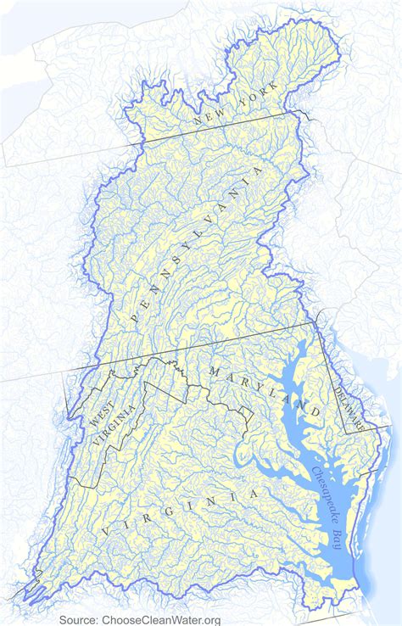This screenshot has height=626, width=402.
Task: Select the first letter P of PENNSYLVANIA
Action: pyautogui.click(x=135, y=316)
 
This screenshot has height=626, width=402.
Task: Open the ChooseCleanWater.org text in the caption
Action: pyautogui.click(x=160, y=619)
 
